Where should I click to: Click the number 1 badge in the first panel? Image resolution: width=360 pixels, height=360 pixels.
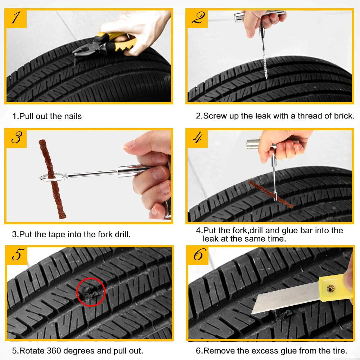[x=17, y=19]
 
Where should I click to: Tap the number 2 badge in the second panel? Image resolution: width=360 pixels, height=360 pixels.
[x=198, y=19]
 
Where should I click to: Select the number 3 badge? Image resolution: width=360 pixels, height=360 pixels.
[x=17, y=139]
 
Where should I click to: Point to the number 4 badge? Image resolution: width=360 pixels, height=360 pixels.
[x=198, y=139]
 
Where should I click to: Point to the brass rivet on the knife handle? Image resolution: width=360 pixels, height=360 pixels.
[x=330, y=288]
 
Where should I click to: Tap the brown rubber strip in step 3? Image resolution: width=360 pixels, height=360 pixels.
[x=52, y=179]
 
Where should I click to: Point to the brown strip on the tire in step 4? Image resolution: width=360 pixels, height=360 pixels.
[x=271, y=194]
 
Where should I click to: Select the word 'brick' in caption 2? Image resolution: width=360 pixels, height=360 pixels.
[x=343, y=116]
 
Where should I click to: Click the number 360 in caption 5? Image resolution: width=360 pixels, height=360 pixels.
[x=54, y=351]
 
